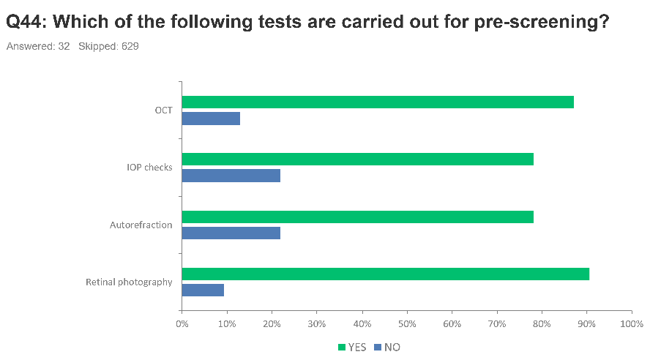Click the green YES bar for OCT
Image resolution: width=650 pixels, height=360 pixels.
pyautogui.click(x=378, y=102)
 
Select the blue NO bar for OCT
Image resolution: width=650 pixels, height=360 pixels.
pyautogui.click(x=211, y=119)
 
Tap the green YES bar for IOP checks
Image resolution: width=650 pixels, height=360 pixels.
pyautogui.click(x=358, y=159)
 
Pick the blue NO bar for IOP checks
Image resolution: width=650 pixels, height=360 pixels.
pyautogui.click(x=231, y=176)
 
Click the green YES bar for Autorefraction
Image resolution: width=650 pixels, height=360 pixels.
pyautogui.click(x=358, y=217)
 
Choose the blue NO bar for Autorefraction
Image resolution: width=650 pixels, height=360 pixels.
pyautogui.click(x=231, y=233)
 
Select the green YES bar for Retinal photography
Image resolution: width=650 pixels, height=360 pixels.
pyautogui.click(x=386, y=274)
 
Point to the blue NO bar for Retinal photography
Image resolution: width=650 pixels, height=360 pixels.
pyautogui.click(x=203, y=290)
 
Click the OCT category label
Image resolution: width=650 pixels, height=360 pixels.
pyautogui.click(x=163, y=110)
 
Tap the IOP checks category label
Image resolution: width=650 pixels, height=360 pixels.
pyautogui.click(x=149, y=168)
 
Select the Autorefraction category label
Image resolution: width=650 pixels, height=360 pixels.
pyautogui.click(x=141, y=225)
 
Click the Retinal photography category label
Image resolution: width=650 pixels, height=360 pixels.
pyautogui.click(x=129, y=282)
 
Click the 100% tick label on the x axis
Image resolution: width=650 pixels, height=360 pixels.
pyautogui.click(x=632, y=323)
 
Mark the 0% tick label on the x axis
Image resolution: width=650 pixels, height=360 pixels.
pyautogui.click(x=182, y=323)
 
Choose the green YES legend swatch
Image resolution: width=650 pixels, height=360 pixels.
pyautogui.click(x=342, y=347)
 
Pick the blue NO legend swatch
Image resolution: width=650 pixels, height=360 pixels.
pyautogui.click(x=378, y=347)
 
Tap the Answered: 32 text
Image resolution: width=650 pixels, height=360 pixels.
pyautogui.click(x=38, y=46)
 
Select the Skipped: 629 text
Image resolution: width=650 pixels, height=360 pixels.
pyautogui.click(x=108, y=46)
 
